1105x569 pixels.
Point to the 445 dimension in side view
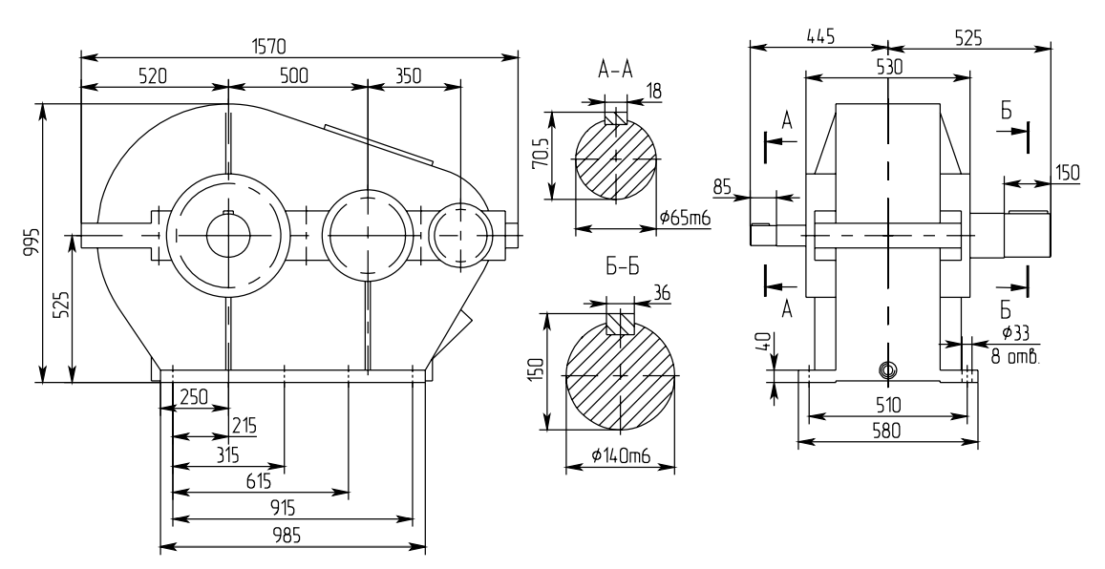pyautogui.click(x=818, y=37)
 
